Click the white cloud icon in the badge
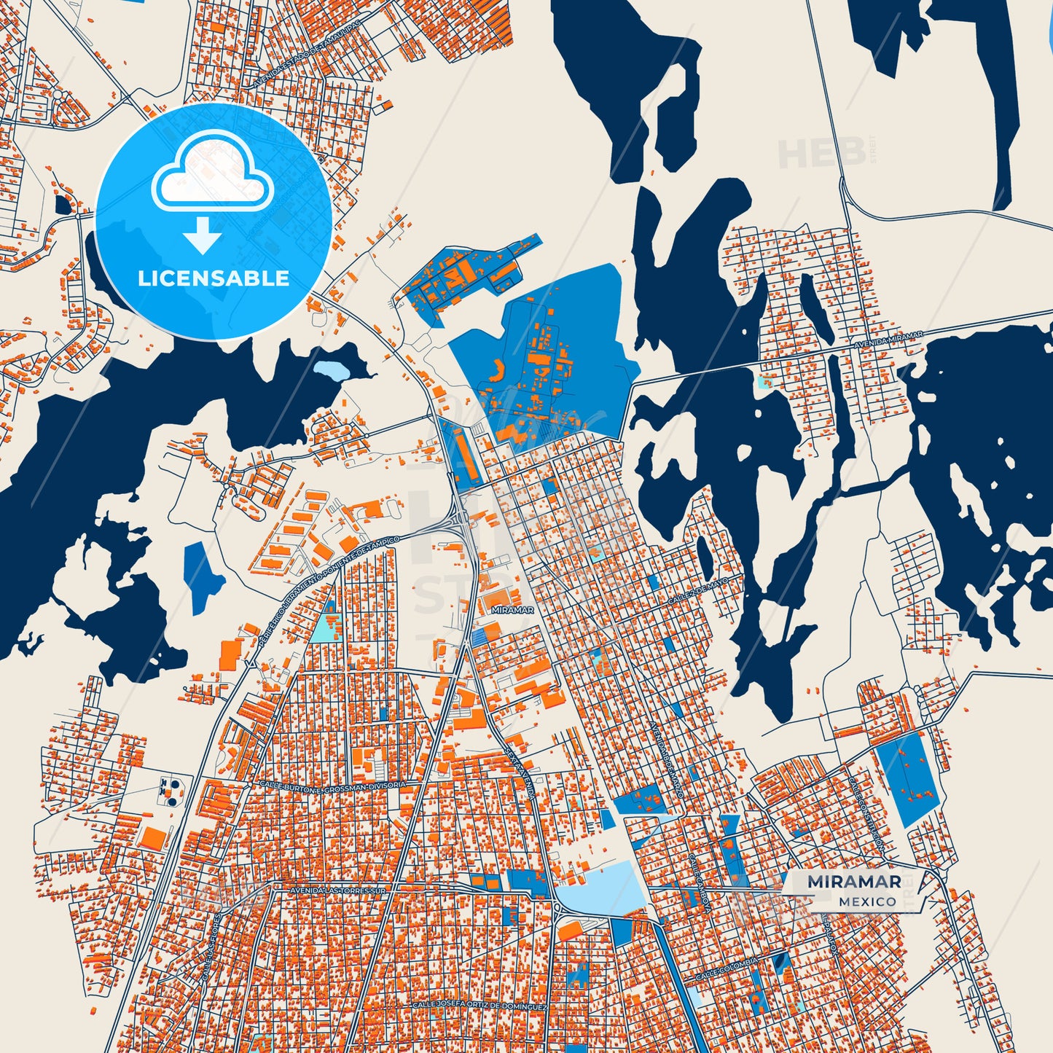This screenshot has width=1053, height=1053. point(212,176)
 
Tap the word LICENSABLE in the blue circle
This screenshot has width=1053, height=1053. point(214,278)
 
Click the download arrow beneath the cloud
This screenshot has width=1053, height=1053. point(203,235)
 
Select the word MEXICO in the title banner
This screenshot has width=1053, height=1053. point(867,901)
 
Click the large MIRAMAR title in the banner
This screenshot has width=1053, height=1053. point(854,882)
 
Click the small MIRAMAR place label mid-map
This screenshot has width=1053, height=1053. point(512,610)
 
